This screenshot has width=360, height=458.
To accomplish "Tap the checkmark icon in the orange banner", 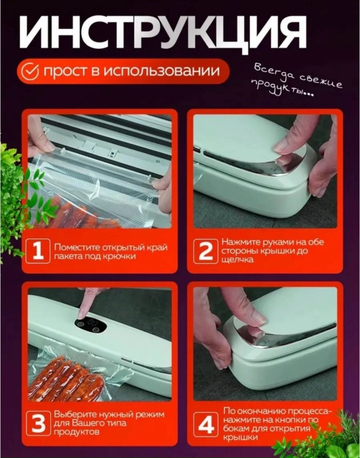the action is (x=31, y=71).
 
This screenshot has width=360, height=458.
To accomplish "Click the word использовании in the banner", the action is (x=161, y=71).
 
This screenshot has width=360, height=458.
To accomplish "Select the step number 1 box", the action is (x=38, y=251).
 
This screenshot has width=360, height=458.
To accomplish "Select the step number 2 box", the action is (x=205, y=251).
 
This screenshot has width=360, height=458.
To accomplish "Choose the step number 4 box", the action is (x=205, y=424).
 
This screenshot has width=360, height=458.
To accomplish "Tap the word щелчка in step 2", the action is (x=238, y=259).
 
